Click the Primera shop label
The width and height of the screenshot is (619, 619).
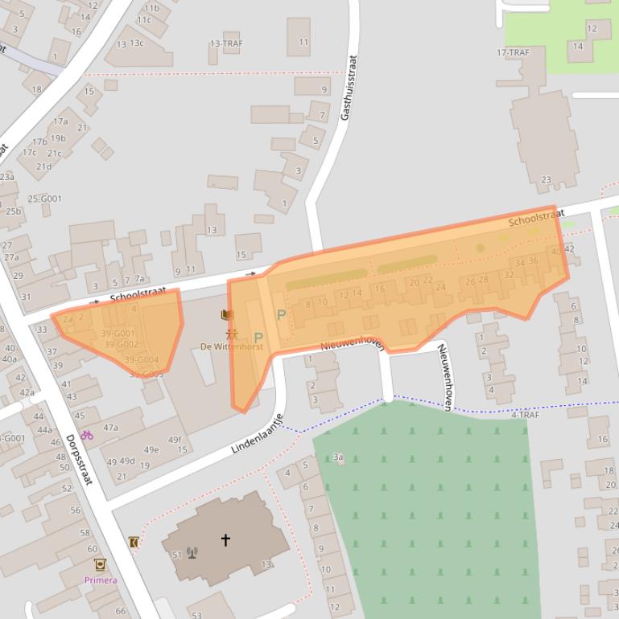(x=101, y=580)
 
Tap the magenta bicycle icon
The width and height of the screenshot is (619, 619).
(x=86, y=435)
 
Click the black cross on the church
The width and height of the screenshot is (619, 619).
(x=225, y=539)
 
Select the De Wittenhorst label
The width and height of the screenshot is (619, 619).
(x=232, y=346)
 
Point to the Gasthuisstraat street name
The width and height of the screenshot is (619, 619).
(x=348, y=88)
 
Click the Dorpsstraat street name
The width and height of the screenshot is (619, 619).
(x=79, y=459)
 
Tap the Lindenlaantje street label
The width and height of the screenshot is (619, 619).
(x=258, y=435)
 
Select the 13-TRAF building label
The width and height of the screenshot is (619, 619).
(x=226, y=43)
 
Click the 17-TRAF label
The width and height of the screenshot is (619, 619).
(x=513, y=53)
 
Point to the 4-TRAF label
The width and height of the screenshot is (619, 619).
(x=525, y=415)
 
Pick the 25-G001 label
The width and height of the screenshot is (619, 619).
(x=44, y=199)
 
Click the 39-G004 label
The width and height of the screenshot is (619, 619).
(x=142, y=359)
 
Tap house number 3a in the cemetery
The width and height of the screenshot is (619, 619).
(x=339, y=457)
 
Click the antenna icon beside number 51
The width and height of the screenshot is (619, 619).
(x=192, y=552)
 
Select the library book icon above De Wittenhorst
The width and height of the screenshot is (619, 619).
(x=226, y=314)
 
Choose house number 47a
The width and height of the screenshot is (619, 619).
(x=110, y=428)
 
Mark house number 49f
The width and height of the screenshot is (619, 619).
(x=175, y=440)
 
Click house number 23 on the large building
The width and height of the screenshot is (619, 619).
(x=547, y=179)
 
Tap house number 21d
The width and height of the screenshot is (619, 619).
(x=43, y=166)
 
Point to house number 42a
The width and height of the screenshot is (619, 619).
(x=27, y=392)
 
